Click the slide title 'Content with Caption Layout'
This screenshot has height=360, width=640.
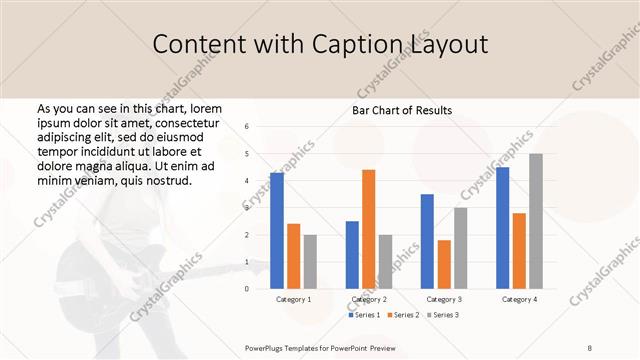[320, 45]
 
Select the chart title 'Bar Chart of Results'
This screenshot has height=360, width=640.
[401, 110]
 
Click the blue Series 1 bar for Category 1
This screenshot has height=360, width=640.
[277, 230]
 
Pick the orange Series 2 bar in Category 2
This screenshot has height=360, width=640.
[368, 229]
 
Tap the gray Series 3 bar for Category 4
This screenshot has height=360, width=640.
[536, 221]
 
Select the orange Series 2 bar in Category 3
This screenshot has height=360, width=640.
[444, 264]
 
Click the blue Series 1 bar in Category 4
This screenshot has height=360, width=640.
[502, 227]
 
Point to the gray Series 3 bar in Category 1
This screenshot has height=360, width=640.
[310, 261]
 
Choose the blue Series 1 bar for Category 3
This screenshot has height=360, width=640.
[427, 241]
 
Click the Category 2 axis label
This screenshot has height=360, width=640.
[369, 299]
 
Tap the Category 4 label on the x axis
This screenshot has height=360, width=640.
[519, 299]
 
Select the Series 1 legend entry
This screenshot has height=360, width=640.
[364, 315]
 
